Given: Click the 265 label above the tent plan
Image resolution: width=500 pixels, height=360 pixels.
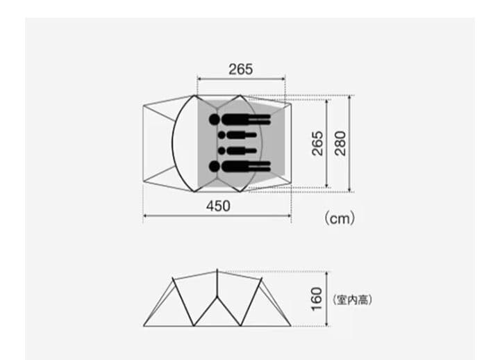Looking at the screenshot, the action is pos(241,69).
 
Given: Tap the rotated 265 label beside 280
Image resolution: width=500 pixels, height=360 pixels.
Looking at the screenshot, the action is pos(317,143).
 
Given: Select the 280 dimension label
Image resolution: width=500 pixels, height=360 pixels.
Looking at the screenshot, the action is pos(340,143).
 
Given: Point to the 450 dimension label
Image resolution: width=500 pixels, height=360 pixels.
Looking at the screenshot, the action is pos(218,206).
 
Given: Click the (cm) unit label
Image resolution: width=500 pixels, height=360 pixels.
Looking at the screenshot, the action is pos(340,219).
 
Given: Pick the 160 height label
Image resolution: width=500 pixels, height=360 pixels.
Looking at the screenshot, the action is pos(317,299).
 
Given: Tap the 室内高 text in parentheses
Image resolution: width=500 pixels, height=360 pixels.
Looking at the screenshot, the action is pos(352,300).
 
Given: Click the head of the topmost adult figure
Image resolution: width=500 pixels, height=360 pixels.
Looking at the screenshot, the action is pos(215,120).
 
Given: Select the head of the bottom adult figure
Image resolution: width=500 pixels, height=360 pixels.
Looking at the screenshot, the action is pos(215,166).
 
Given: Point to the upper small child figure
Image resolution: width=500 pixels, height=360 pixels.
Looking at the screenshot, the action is pos(237,135).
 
